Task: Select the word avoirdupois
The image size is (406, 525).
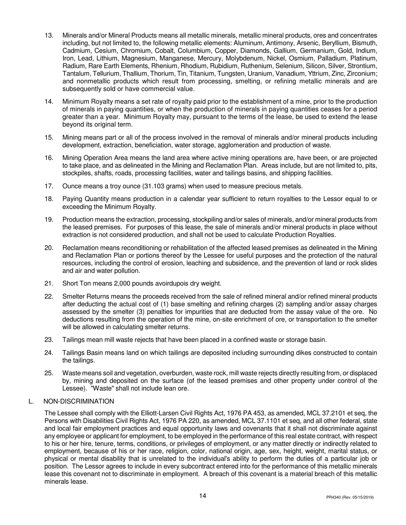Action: [x=175, y=283]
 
